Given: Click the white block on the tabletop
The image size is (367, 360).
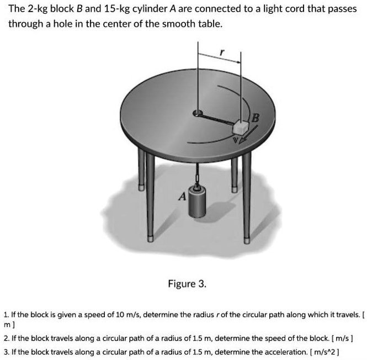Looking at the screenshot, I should pyautogui.click(x=241, y=127).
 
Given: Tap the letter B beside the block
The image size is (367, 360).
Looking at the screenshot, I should pyautogui.click(x=255, y=117).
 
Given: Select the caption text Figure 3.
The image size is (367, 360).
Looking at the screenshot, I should pyautogui.click(x=187, y=284).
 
